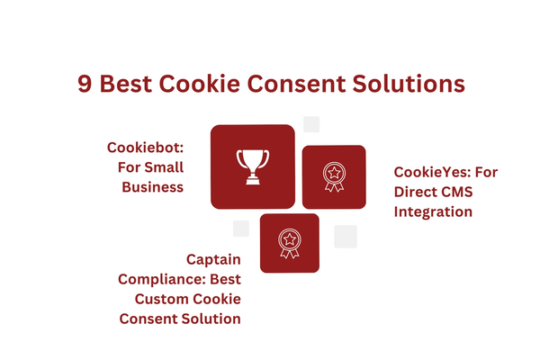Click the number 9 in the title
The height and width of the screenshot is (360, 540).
click(85, 84)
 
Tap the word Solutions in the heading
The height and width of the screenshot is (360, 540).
click(409, 84)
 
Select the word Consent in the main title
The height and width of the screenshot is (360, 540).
click(296, 84)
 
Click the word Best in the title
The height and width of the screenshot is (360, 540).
click(126, 84)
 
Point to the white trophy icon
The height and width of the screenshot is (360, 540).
click(253, 166)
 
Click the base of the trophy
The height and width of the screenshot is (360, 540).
click(253, 180)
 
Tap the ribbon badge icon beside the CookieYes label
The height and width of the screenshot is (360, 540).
click(334, 176)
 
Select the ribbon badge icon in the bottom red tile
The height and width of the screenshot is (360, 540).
click(290, 243)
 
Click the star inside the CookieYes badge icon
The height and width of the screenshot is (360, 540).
click(334, 172)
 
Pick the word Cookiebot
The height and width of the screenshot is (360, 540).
click(145, 148)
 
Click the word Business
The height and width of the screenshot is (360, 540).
click(153, 187)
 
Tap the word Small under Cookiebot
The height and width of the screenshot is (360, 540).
click(164, 167)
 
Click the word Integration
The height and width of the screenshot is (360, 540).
click(433, 211)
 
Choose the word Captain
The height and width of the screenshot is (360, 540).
click(213, 259)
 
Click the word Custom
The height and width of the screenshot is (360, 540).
click(158, 299)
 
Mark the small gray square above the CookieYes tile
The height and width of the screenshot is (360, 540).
click(311, 124)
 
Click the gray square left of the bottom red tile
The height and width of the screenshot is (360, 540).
click(241, 229)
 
